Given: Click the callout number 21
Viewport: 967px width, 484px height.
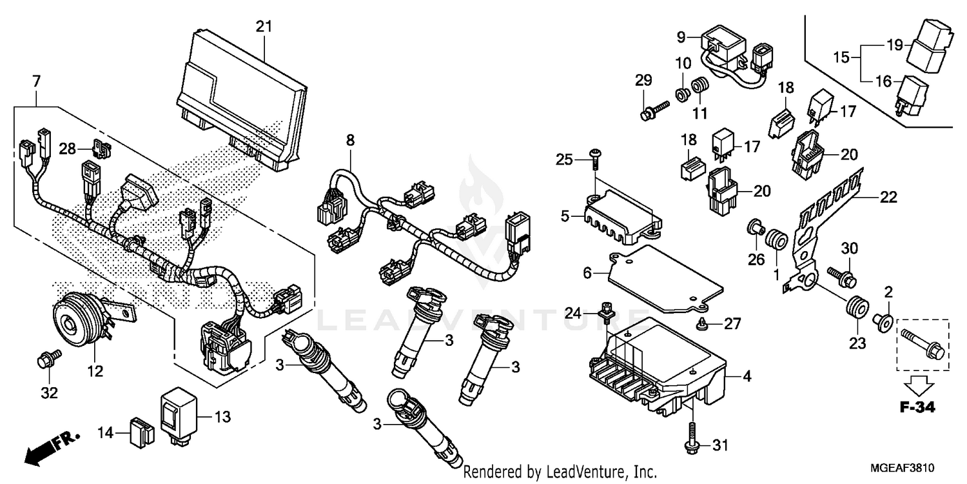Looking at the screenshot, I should click(x=264, y=27).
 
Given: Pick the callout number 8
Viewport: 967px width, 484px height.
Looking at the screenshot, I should click(x=350, y=139).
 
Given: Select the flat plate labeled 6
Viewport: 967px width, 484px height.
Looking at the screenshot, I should click(x=664, y=277).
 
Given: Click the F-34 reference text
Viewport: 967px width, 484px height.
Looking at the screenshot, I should click(x=919, y=408).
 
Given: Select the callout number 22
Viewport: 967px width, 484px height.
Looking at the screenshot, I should click(x=888, y=198).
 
